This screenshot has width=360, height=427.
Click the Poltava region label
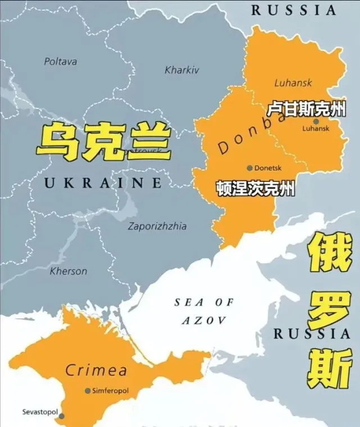(61, 62)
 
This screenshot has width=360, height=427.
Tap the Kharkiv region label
(182, 71)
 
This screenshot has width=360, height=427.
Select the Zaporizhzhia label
(157, 227)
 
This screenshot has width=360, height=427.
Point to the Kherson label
(69, 272)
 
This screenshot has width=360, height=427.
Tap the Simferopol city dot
(88, 391)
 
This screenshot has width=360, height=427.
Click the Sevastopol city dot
(61, 416)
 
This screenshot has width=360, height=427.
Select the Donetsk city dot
(249, 168)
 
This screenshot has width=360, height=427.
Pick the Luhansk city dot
(316, 121)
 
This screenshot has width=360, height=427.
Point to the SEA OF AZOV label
(203, 311)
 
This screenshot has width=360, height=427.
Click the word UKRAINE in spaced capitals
(103, 183)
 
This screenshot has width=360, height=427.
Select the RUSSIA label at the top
(294, 10)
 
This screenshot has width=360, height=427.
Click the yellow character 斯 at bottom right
(330, 368)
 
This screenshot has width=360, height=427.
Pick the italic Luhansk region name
(293, 83)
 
